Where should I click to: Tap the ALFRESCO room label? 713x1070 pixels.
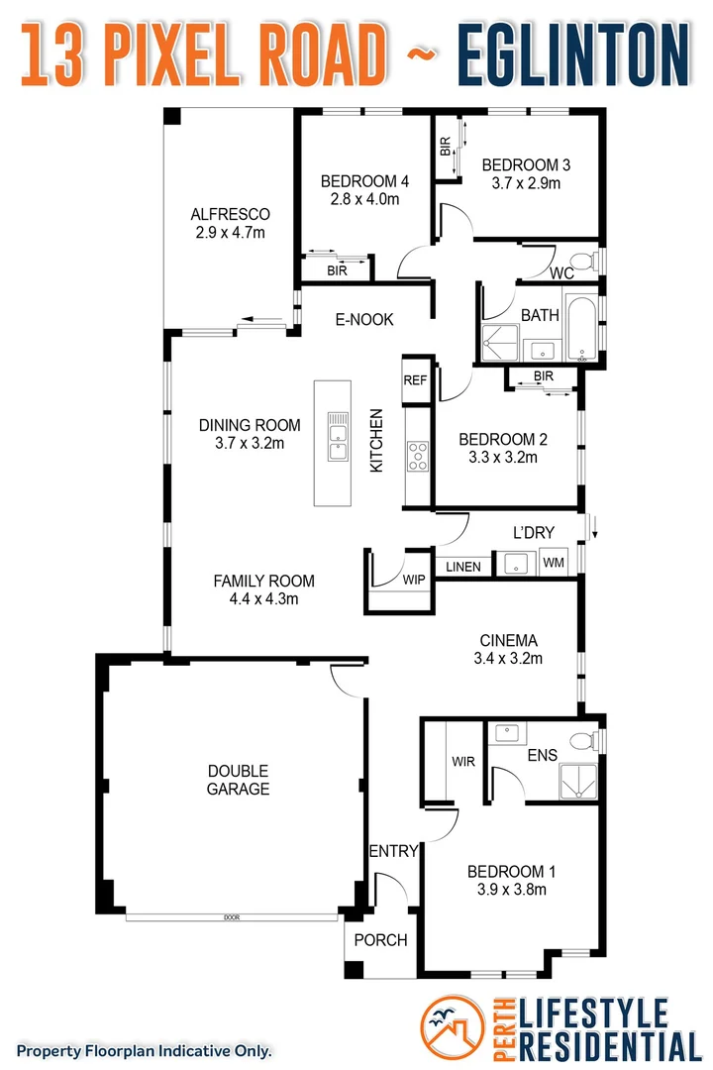[x=230, y=214]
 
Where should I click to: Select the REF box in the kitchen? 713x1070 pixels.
[x=414, y=379]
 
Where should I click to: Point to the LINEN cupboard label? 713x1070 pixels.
[x=462, y=567]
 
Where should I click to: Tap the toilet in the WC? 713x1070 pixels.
[x=587, y=262]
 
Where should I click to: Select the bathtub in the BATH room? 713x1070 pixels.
[x=581, y=327]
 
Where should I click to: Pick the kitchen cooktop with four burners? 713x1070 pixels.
[x=417, y=456]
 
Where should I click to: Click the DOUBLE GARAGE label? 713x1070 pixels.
[x=238, y=780]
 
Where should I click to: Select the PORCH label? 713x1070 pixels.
[x=380, y=939]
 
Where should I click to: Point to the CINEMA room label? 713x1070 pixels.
[x=507, y=640]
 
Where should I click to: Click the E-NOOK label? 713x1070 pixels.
[x=363, y=319]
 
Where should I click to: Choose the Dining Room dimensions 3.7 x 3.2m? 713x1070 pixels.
[x=250, y=443]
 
